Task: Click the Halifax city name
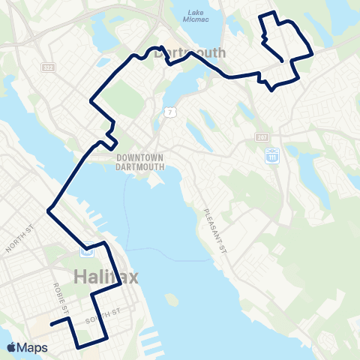[107, 277]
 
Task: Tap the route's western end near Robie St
[51, 325]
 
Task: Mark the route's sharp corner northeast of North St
[49, 211]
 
